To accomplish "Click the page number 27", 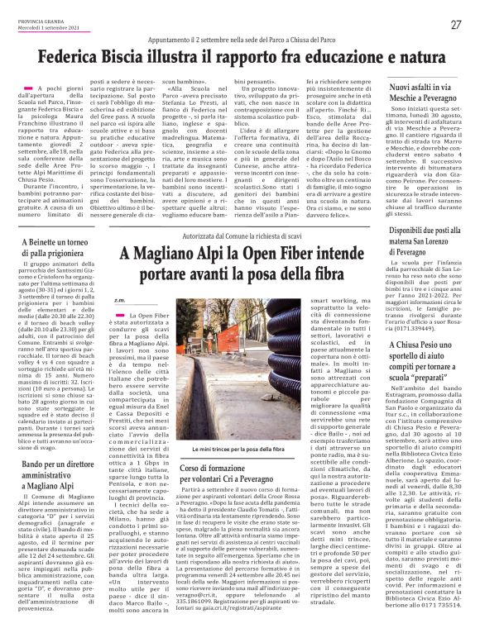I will tap(456, 25).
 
